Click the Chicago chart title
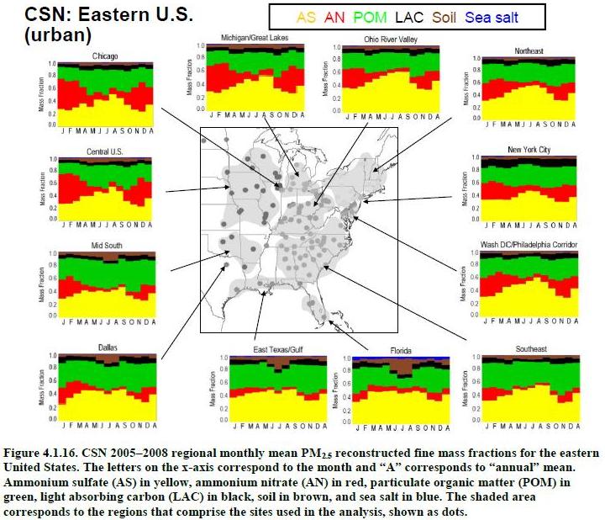[x=105, y=57]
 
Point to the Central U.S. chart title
[x=105, y=152]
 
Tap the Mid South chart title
[x=106, y=246]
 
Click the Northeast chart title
[x=529, y=51]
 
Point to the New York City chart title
[x=529, y=150]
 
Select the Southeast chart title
[x=531, y=348]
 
